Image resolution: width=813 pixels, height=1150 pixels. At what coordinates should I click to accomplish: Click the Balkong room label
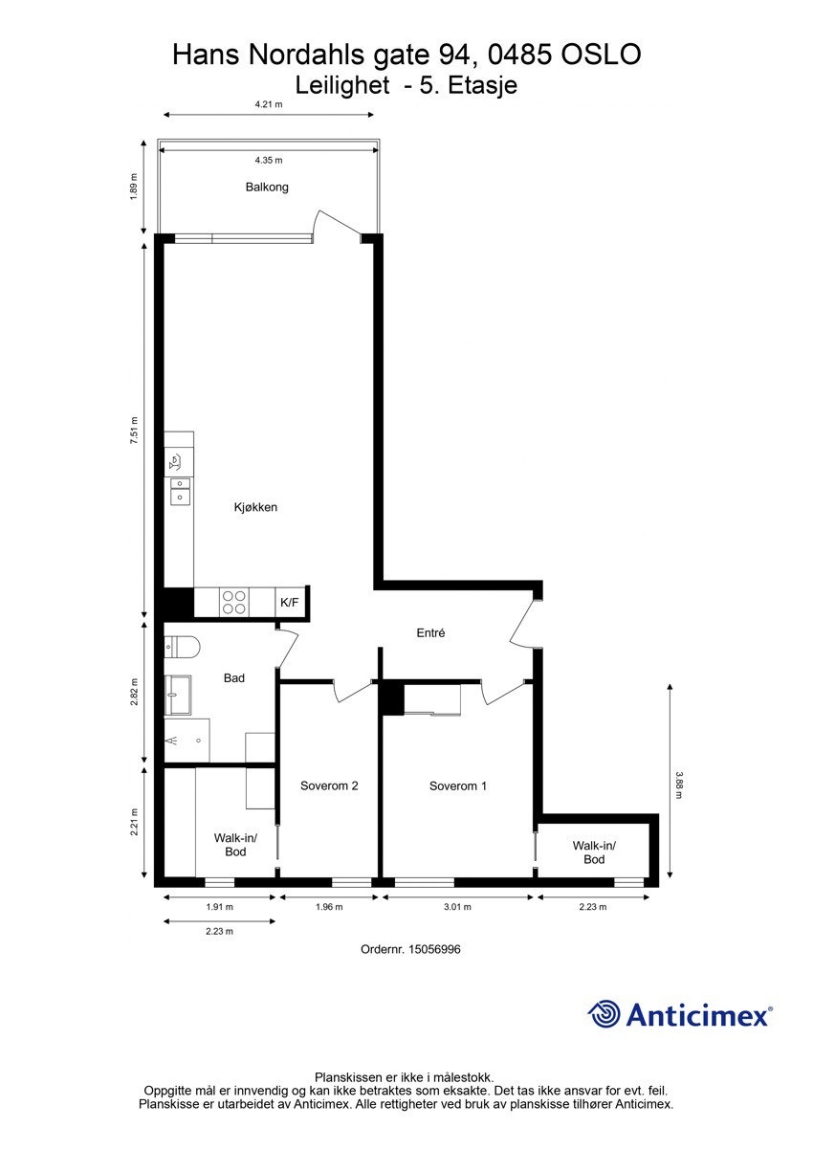(267, 187)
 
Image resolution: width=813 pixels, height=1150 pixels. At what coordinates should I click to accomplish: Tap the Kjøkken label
(255, 507)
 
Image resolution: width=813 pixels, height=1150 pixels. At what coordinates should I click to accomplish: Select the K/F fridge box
(289, 603)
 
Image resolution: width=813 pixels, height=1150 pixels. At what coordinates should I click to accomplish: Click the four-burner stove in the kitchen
(234, 603)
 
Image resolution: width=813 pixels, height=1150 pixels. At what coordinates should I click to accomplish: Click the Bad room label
(234, 678)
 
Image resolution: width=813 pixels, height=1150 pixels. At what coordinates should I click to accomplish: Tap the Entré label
(431, 633)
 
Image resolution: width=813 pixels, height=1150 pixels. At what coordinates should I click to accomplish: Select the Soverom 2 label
(329, 786)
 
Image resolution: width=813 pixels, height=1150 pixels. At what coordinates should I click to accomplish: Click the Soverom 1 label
(458, 786)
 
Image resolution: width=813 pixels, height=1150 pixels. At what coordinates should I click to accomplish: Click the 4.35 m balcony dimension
(268, 160)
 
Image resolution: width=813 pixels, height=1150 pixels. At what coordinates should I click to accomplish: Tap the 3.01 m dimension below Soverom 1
(457, 907)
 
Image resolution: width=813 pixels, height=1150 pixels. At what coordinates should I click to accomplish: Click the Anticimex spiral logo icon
(604, 1014)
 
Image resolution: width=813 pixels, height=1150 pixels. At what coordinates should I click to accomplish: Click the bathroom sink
(179, 695)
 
